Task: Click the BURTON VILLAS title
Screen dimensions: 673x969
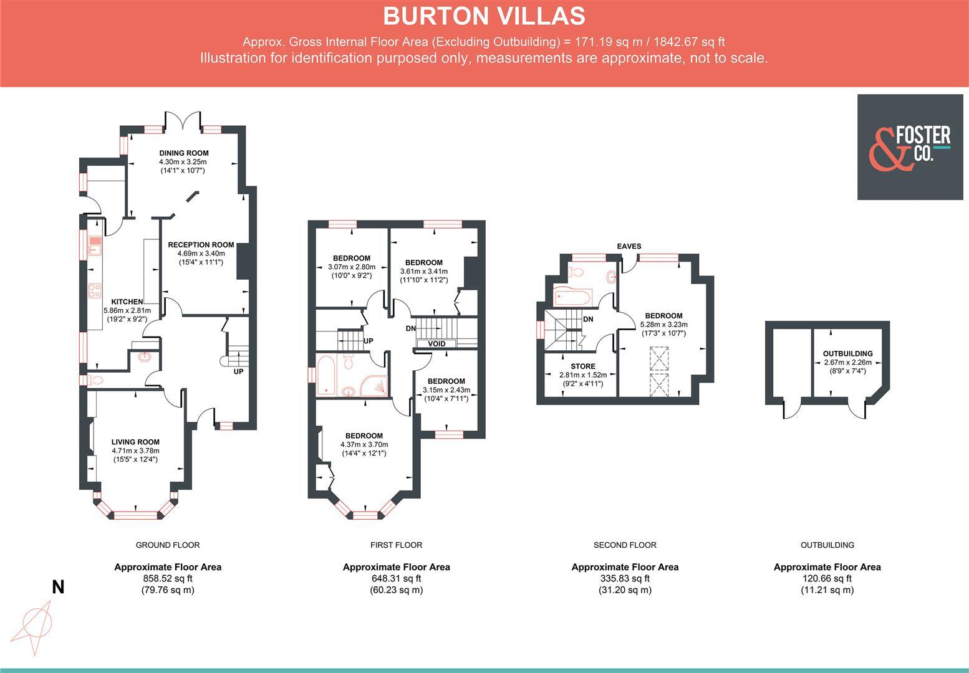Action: (x=484, y=16)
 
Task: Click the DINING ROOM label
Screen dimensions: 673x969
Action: (x=183, y=153)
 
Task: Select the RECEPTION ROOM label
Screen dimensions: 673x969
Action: (x=201, y=245)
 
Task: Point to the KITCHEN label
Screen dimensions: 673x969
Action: (x=127, y=302)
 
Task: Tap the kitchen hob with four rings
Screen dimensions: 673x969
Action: (x=95, y=290)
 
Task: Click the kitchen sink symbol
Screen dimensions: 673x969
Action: (x=95, y=246)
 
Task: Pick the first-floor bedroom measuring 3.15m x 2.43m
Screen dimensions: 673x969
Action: (x=446, y=381)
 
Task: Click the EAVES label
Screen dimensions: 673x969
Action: (x=629, y=246)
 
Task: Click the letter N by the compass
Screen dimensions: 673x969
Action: (x=58, y=587)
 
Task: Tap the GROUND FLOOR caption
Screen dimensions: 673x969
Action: (x=168, y=545)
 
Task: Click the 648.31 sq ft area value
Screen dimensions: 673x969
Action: (x=396, y=578)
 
